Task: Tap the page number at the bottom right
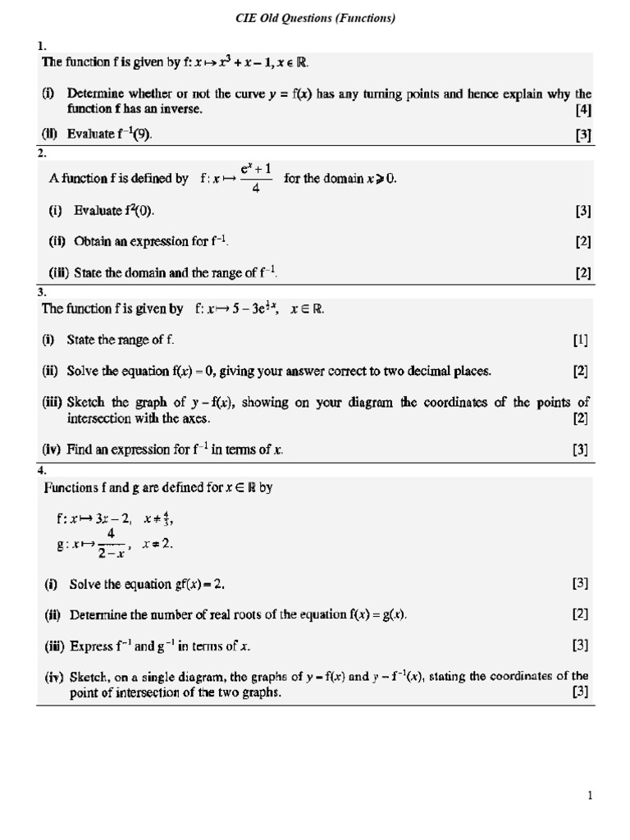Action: point(590,795)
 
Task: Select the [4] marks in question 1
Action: point(583,109)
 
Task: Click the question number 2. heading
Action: point(43,153)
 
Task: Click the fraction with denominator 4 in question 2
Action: point(255,178)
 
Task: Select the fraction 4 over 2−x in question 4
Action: point(111,543)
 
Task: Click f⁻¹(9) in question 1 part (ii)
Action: point(134,135)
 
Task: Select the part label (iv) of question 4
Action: point(53,677)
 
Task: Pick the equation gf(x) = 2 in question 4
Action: point(192,584)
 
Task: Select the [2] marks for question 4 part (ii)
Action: point(580,614)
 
